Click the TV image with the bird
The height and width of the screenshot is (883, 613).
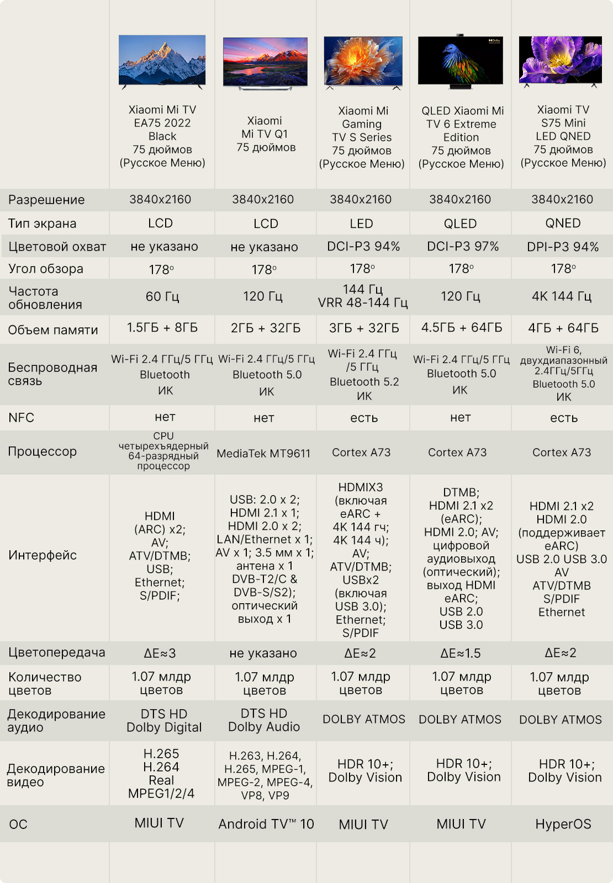[461, 61]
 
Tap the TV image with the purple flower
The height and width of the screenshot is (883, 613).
[561, 61]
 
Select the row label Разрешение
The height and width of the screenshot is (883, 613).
[46, 200]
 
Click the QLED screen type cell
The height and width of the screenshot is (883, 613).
[461, 224]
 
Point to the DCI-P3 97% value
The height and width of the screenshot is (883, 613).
[463, 246]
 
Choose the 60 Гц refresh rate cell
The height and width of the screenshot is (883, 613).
[162, 296]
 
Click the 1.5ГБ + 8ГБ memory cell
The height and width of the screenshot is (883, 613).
[162, 328]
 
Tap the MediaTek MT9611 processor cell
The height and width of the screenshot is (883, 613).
[263, 453]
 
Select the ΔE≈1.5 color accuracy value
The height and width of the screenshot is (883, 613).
[461, 653]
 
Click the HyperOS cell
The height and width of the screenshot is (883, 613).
[563, 824]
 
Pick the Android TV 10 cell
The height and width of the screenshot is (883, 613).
[266, 824]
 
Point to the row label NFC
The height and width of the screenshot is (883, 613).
[22, 417]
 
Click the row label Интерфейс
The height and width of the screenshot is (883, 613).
[43, 555]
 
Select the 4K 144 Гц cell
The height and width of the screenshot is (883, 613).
[561, 296]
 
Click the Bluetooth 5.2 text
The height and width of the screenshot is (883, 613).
[364, 381]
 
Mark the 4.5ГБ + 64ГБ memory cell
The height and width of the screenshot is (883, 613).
[462, 328]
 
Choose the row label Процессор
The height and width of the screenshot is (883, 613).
[42, 451]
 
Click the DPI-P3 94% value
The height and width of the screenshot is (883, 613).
[563, 247]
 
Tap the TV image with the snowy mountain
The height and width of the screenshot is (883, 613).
[162, 61]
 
